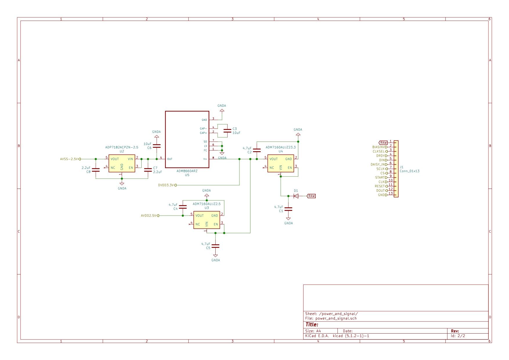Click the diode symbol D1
pyautogui.click(x=296, y=196)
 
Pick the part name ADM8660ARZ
pyautogui.click(x=187, y=171)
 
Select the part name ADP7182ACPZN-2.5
pyautogui.click(x=122, y=147)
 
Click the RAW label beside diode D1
pyautogui.click(x=311, y=196)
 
